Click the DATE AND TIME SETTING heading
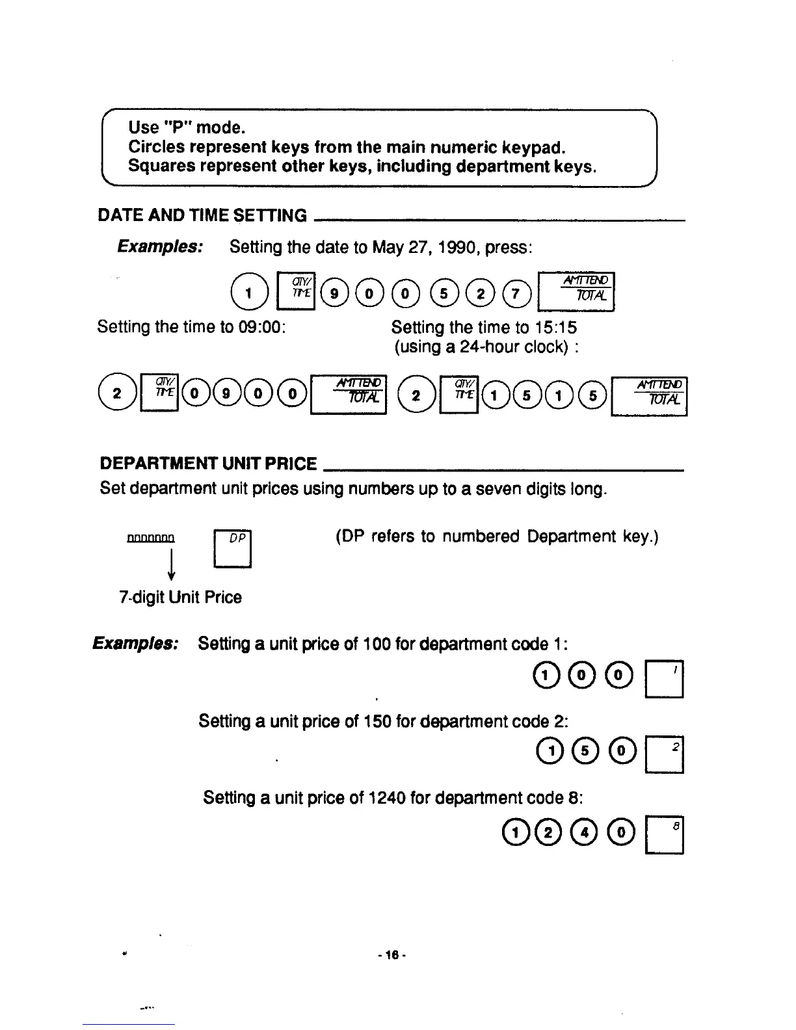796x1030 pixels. pos(202,215)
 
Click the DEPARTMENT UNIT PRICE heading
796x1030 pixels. pos(208,464)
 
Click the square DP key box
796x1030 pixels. pos(232,550)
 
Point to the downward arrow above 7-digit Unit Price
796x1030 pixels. pos(171,564)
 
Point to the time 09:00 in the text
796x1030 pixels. pos(265,326)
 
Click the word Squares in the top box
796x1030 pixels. pos(161,166)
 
